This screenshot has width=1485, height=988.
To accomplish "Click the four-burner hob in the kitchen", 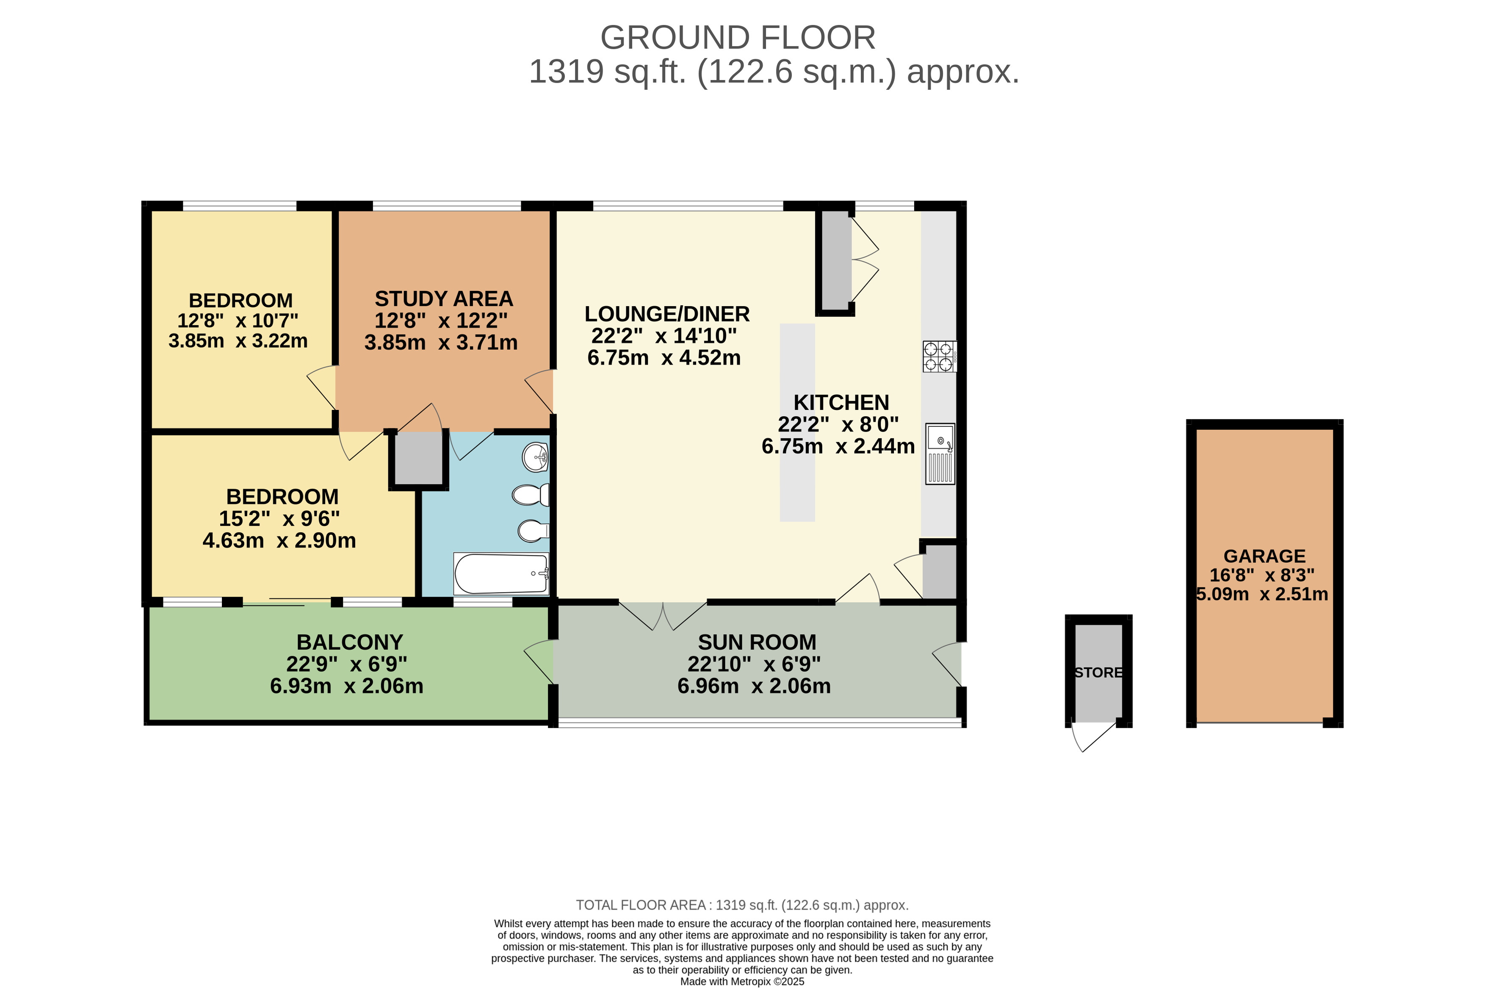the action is point(939,357).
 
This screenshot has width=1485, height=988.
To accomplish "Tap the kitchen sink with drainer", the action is point(940,454).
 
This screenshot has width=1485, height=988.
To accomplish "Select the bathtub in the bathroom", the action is point(501,573).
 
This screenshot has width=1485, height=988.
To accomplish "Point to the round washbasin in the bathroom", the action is point(536,457).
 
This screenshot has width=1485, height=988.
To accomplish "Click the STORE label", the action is point(1098,673).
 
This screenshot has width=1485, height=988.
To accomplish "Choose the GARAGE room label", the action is point(1264,556).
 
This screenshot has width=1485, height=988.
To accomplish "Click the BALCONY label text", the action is point(350,642).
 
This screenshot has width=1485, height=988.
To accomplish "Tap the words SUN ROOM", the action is point(757,642).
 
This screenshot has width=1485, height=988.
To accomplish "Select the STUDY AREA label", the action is point(443,299).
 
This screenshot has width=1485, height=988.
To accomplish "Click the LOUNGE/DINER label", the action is point(667,314).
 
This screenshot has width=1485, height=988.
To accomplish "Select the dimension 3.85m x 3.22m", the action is point(238,341).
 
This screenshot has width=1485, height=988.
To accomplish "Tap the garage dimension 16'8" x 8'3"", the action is point(1262,575).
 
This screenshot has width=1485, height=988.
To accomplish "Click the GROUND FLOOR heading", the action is point(738,38).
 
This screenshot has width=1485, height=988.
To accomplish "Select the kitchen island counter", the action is point(797,423).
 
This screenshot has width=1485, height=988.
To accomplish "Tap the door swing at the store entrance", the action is point(1090,736).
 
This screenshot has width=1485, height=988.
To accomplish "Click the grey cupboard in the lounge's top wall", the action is point(835,260).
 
